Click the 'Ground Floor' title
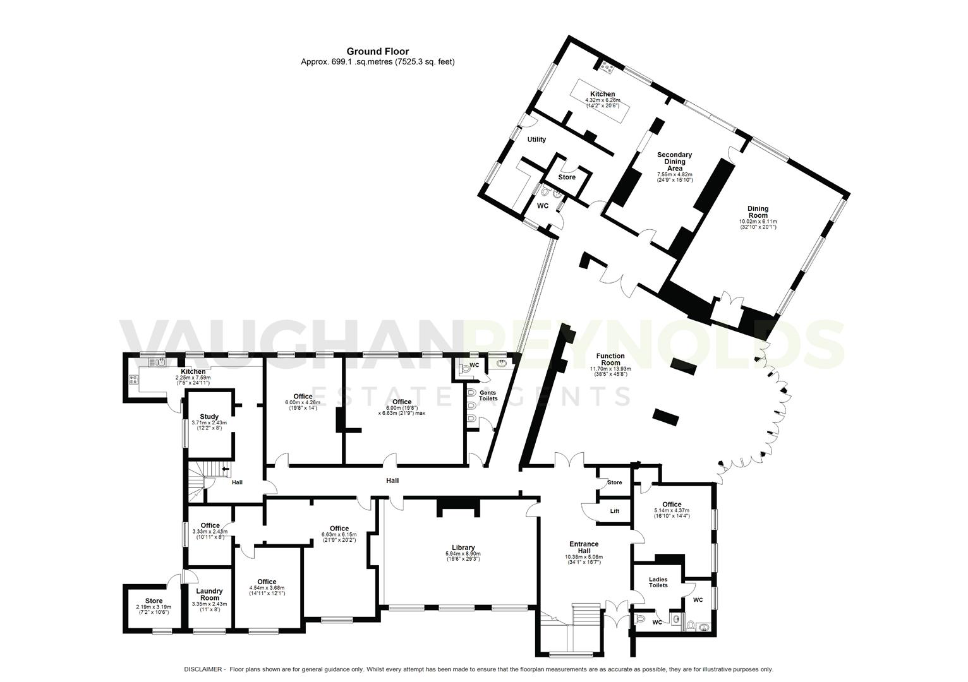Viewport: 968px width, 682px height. (x=377, y=51)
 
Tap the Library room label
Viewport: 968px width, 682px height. (x=463, y=547)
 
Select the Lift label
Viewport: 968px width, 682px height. (x=614, y=511)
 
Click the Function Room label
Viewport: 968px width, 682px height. (x=610, y=359)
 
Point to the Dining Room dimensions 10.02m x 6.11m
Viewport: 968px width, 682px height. (x=758, y=222)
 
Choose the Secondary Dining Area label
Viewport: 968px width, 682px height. (x=674, y=162)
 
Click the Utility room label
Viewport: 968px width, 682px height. (x=536, y=140)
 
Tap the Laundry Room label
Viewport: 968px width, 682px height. (x=209, y=595)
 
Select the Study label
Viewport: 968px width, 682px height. (x=209, y=416)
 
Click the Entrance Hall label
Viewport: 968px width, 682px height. (x=583, y=547)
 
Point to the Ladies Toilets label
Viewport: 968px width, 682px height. (x=658, y=582)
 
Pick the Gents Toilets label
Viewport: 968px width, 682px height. (x=488, y=395)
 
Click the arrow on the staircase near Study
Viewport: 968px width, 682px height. (x=226, y=469)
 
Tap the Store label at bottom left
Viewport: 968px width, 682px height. (x=154, y=601)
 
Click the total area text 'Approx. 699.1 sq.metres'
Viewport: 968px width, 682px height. (x=347, y=62)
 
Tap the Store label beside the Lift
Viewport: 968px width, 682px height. (x=614, y=482)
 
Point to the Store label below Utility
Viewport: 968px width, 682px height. (x=566, y=177)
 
